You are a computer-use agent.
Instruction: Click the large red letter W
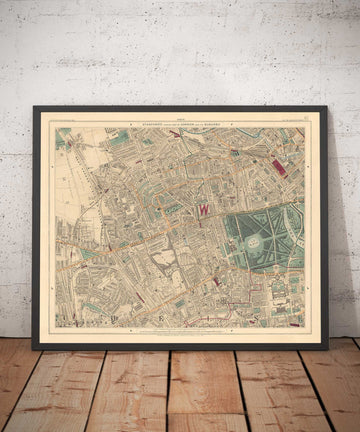204,210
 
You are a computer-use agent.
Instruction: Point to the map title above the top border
180,117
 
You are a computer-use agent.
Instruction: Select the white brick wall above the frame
180,50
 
